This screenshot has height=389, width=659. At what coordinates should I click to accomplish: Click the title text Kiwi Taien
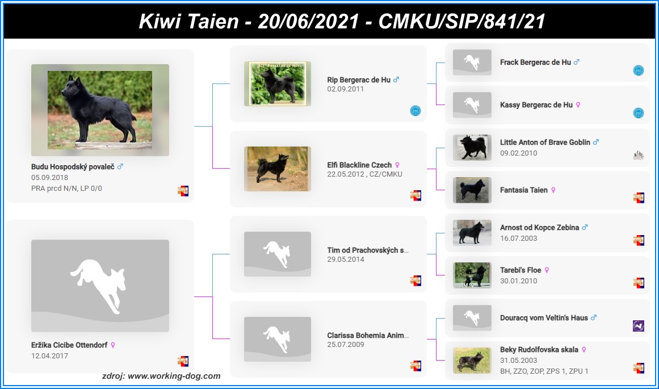(x=188, y=21)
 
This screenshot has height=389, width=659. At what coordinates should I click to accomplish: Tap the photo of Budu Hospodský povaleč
(x=100, y=110)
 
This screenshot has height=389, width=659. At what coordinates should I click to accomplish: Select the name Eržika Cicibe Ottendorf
(x=69, y=345)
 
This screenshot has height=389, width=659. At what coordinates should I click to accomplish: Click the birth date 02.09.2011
(x=346, y=89)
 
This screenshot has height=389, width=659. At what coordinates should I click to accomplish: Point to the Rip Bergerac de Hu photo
(x=278, y=83)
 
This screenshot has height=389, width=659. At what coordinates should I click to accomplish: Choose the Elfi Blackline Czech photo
(x=278, y=169)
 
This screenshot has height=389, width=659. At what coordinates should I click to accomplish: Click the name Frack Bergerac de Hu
(x=535, y=62)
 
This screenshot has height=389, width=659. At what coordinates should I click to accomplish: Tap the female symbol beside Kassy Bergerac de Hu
(x=578, y=105)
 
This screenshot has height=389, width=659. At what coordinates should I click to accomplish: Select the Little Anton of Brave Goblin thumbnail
(x=472, y=148)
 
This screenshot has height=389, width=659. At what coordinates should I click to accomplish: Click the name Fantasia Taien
(x=524, y=190)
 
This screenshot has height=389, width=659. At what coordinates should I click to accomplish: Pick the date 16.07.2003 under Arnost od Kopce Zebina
(x=519, y=239)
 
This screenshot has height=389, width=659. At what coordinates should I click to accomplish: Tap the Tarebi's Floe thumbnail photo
(x=472, y=275)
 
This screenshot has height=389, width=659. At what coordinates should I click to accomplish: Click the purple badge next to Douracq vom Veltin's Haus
(x=639, y=326)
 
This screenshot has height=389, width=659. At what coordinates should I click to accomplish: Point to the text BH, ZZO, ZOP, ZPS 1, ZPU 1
(x=544, y=371)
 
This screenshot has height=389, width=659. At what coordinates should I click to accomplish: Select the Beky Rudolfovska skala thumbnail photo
(x=472, y=361)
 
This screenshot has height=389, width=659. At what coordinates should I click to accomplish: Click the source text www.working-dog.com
(x=174, y=376)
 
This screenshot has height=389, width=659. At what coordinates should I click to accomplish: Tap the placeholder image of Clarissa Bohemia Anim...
(x=278, y=340)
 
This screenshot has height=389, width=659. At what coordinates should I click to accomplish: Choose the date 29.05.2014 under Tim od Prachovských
(x=346, y=260)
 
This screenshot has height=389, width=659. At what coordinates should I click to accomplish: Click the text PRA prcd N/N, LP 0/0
(x=66, y=189)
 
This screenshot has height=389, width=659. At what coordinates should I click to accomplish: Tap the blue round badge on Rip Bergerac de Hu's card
(x=415, y=111)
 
